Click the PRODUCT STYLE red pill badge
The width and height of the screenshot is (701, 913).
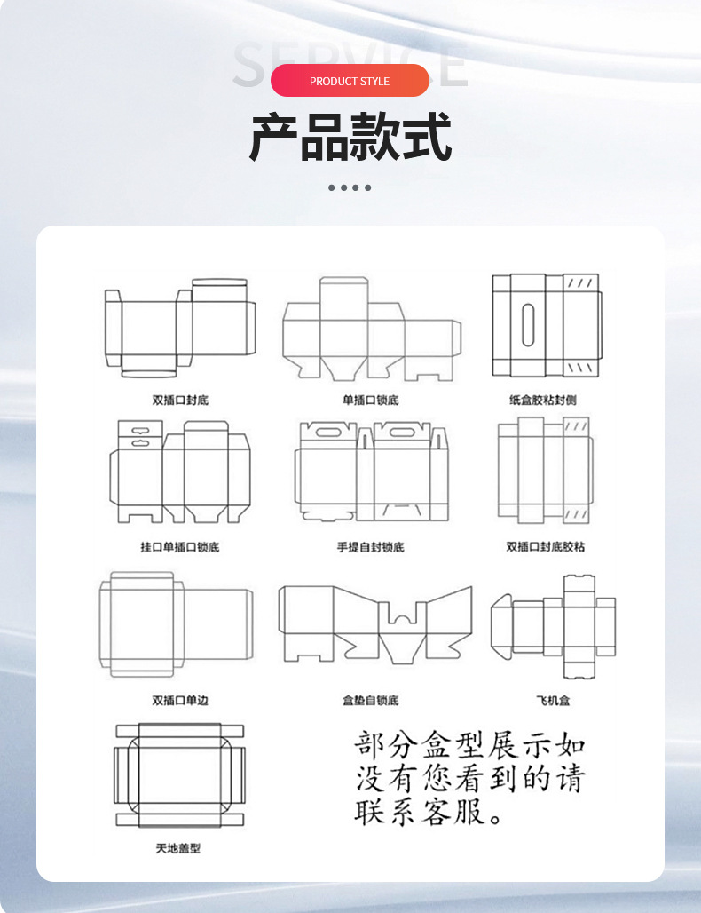tap(350, 81)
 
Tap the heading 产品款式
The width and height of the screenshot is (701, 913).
tap(350, 137)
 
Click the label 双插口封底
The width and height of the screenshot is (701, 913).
tap(180, 401)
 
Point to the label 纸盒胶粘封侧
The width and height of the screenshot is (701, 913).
tap(543, 401)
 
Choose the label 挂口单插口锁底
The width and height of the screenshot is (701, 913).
tap(180, 547)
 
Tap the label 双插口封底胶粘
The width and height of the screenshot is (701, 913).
tap(546, 547)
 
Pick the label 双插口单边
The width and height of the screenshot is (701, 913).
tap(180, 701)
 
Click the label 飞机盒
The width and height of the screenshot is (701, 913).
tap(553, 701)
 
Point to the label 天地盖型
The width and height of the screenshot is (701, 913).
tap(178, 849)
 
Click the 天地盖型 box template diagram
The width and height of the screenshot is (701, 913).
tap(179, 775)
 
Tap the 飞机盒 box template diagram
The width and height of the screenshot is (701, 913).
tap(554, 627)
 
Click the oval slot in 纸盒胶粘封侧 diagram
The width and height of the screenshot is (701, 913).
tap(529, 325)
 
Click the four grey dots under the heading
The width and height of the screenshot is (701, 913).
tap(350, 187)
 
